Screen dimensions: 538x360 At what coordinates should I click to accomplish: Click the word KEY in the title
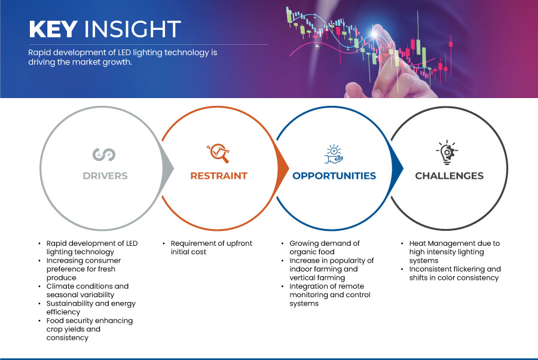[x=53, y=29]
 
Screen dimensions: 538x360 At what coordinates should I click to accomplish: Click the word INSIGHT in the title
[x=133, y=29]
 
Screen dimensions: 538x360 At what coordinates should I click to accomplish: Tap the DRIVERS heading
[x=105, y=176]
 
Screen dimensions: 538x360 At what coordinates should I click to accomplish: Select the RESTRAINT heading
[x=219, y=176]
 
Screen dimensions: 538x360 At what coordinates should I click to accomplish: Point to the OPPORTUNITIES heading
[x=334, y=176]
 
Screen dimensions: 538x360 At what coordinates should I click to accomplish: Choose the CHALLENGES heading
[x=449, y=176]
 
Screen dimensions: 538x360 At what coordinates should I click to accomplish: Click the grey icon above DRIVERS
[x=104, y=154]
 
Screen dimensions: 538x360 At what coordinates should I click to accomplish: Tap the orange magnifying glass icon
[x=218, y=153]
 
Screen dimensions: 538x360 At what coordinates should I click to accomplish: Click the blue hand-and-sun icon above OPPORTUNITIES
[x=334, y=154]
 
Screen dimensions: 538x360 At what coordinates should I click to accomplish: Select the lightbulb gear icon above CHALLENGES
[x=447, y=152]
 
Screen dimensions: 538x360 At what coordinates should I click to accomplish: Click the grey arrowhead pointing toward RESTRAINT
[x=168, y=168]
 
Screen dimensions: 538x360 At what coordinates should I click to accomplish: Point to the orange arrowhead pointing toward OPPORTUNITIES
[x=283, y=168]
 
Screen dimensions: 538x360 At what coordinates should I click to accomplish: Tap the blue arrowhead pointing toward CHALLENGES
[x=398, y=168]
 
